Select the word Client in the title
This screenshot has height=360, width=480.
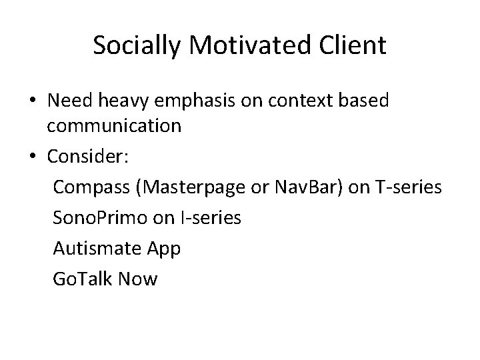coord(353,46)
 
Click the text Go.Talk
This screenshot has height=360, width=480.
coord(81,278)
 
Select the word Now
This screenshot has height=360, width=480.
coord(138,278)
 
